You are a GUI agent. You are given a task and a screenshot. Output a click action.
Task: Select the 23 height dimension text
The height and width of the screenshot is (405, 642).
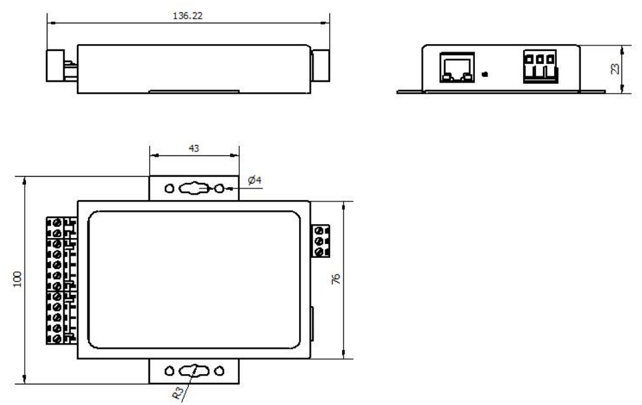pyautogui.click(x=614, y=68)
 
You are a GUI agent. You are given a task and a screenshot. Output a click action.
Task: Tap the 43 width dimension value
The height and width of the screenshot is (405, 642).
pyautogui.click(x=195, y=149)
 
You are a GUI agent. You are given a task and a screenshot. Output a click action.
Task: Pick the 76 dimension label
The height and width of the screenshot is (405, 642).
pyautogui.click(x=337, y=278)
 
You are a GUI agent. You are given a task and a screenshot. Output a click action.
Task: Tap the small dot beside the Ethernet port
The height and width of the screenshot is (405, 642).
pyautogui.click(x=485, y=74)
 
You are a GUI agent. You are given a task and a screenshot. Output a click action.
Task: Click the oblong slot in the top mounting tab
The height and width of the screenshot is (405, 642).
pyautogui.click(x=194, y=188)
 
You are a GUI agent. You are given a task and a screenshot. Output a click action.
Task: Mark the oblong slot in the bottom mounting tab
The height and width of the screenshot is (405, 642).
pyautogui.click(x=194, y=371)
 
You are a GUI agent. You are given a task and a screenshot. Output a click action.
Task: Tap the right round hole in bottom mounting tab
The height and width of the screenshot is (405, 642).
pyautogui.click(x=219, y=371)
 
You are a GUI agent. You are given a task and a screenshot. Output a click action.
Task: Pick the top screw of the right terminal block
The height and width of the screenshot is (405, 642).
pyautogui.click(x=319, y=231)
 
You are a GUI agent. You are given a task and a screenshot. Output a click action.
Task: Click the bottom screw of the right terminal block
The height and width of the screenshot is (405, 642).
pyautogui.click(x=319, y=252)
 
